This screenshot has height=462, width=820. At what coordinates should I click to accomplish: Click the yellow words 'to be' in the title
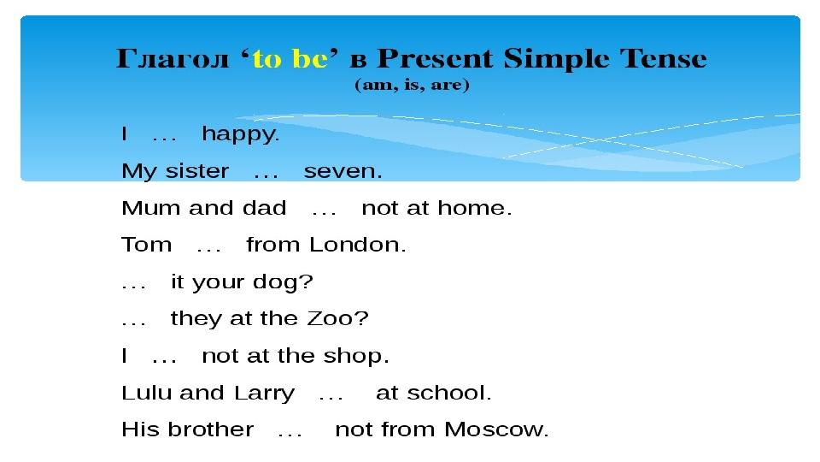290,59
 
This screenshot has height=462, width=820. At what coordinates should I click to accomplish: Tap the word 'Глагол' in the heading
173,58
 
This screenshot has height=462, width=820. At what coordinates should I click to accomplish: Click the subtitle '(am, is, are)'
412,85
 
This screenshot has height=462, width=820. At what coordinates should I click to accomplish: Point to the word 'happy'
241,134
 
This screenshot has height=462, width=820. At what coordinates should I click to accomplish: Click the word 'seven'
343,171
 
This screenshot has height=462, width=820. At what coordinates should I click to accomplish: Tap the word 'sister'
197,171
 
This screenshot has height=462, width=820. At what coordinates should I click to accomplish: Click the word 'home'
474,208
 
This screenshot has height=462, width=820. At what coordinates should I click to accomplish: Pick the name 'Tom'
146,245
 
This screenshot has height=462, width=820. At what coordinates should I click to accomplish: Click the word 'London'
358,245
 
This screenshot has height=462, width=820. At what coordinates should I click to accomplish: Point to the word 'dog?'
283,282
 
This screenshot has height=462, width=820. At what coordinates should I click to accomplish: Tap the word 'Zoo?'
338,318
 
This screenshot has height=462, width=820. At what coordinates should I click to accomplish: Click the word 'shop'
356,356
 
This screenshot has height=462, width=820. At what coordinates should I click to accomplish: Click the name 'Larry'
264,394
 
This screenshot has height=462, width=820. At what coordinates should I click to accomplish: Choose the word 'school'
449,393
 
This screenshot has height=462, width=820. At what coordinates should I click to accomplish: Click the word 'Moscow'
496,429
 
